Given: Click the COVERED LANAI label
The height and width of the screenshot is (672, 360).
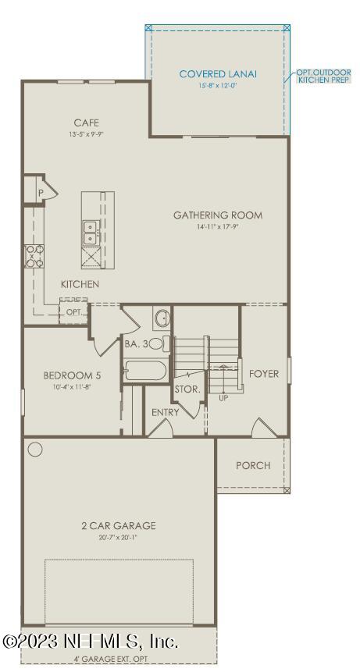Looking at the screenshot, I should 218,74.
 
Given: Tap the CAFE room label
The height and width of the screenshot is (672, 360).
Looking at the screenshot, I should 86,123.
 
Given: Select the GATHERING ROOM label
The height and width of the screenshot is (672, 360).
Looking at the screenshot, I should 218,215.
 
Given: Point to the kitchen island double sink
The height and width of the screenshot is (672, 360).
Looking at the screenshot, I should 90,233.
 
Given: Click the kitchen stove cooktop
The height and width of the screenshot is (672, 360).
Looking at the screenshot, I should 33,255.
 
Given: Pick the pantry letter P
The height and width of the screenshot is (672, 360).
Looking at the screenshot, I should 38,190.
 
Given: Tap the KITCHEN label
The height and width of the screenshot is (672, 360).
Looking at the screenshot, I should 80,284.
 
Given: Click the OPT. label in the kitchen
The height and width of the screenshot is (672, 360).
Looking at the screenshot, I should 73,311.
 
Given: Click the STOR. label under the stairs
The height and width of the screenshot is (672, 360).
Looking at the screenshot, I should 187,388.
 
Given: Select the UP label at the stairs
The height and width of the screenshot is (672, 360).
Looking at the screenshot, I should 223,397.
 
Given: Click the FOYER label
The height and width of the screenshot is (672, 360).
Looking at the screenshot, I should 264,374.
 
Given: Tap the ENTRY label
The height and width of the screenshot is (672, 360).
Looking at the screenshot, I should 166,412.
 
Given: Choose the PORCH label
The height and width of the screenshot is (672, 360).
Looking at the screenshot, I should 253,465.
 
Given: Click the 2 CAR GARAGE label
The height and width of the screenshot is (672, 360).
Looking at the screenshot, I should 119,525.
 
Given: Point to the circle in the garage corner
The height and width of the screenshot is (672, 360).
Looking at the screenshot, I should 35,450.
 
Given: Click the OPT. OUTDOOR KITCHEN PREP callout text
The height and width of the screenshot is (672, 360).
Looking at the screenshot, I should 323,76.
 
